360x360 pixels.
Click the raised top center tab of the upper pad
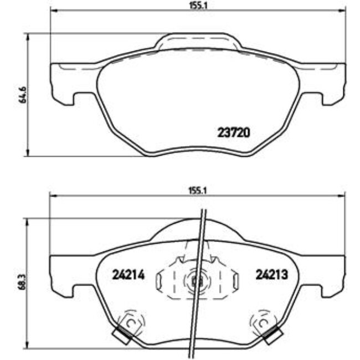point(198,42)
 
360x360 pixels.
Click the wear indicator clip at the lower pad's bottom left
point(121,333)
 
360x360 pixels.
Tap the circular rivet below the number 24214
point(131,321)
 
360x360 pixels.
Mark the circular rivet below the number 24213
point(262,321)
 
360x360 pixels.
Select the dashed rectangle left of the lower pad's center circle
point(166,280)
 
